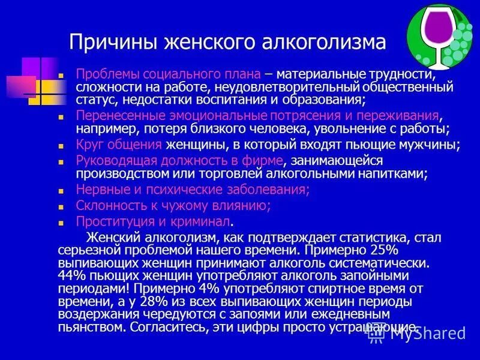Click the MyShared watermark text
428,333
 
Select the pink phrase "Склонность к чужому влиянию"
173,206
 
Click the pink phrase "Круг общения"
119,145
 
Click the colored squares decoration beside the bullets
35,80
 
